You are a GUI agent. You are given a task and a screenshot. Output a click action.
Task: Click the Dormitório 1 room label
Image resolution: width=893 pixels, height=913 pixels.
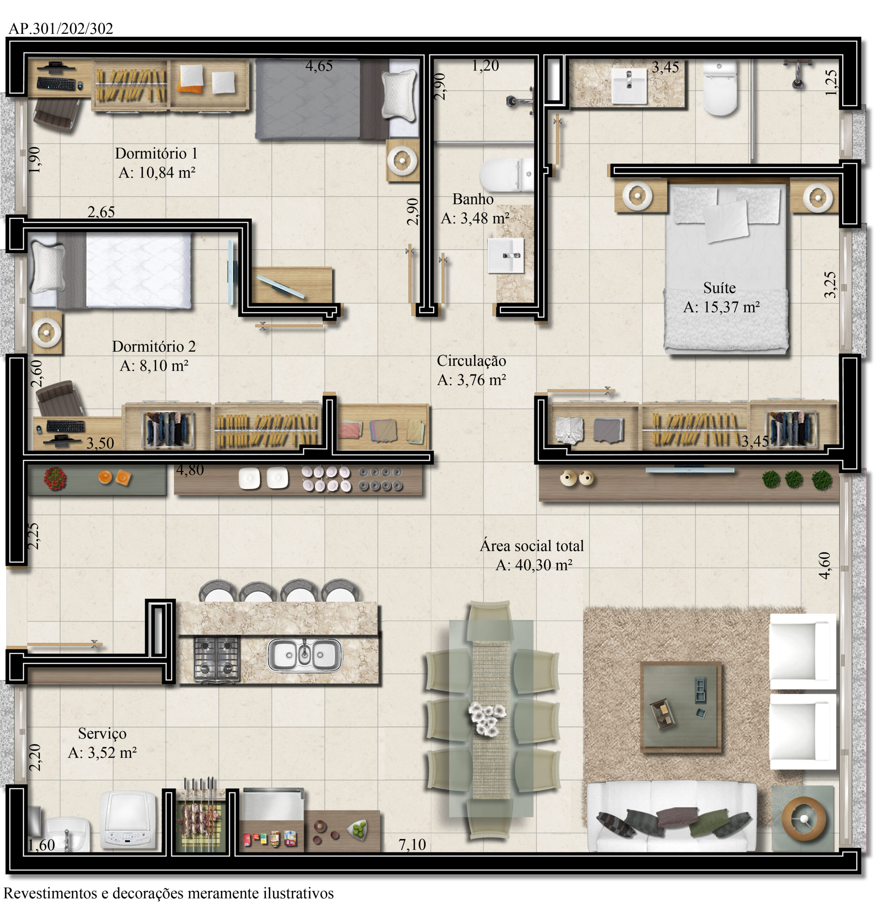156,153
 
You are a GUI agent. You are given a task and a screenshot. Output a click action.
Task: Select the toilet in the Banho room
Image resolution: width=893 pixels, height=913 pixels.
507,175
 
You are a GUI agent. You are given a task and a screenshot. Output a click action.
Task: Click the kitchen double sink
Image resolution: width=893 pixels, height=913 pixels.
304,655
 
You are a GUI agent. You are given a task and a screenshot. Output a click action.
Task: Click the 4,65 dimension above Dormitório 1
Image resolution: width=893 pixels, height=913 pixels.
319,66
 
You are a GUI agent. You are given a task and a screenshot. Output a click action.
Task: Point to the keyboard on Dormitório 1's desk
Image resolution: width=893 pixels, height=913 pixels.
56,83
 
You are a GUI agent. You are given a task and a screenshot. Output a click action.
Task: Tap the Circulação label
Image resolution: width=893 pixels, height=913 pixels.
471,361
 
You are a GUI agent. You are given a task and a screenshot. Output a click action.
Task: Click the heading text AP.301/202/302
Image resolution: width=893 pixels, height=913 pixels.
61,28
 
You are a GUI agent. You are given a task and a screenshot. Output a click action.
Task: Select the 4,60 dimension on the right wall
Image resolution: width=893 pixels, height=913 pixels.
824,566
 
